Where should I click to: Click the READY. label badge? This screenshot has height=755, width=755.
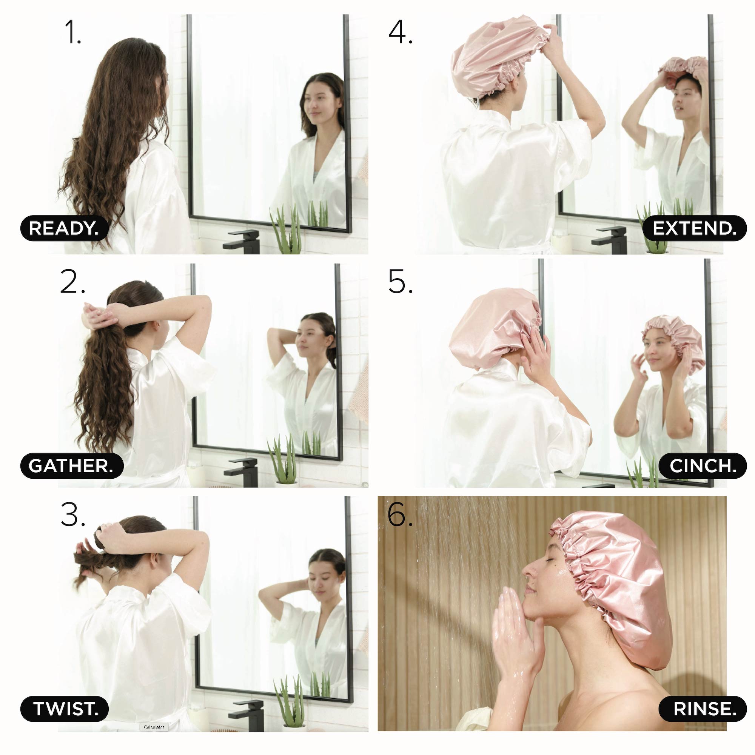64,228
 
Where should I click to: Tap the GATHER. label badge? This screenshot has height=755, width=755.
71,465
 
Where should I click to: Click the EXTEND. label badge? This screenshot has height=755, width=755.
694,228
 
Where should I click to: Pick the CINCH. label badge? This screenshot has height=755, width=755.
702,465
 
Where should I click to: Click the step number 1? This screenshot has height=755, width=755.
73,32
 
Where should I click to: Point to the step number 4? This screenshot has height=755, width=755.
400,32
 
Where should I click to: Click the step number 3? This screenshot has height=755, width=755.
73,515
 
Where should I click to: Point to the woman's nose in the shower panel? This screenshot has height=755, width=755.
528,571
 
